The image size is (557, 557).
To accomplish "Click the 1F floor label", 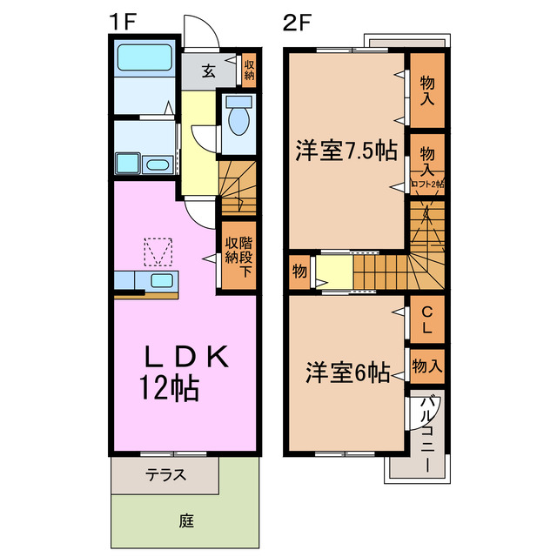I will [122, 22].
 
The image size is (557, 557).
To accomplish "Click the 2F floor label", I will [297, 22].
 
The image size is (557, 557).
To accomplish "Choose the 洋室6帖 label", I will [346, 372].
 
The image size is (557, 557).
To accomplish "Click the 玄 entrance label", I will [210, 70].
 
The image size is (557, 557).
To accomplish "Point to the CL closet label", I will [427, 319].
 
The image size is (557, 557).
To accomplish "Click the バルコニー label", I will [428, 435].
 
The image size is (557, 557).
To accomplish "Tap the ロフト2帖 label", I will [427, 185].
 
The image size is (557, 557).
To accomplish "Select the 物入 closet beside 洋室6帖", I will [427, 366].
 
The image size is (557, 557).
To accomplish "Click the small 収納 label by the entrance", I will [249, 69].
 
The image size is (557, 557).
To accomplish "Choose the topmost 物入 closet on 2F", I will [427, 91].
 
